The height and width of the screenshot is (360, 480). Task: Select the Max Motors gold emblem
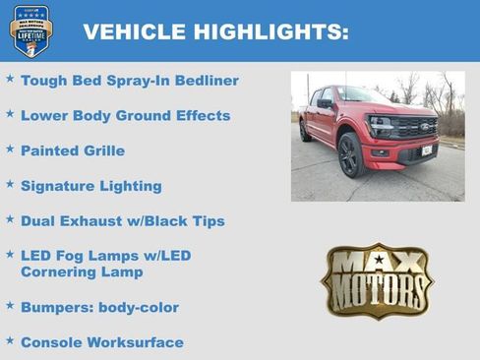click(x=377, y=280)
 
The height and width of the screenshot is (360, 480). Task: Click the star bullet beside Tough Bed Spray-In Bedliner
click(x=10, y=79)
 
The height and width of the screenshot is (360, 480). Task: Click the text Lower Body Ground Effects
click(x=125, y=116)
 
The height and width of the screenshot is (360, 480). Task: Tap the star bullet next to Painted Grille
click(x=10, y=150)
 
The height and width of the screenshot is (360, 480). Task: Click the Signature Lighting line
click(x=90, y=186)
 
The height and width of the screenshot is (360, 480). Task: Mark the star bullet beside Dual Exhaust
click(x=10, y=219)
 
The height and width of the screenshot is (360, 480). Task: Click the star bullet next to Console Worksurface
click(x=10, y=340)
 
